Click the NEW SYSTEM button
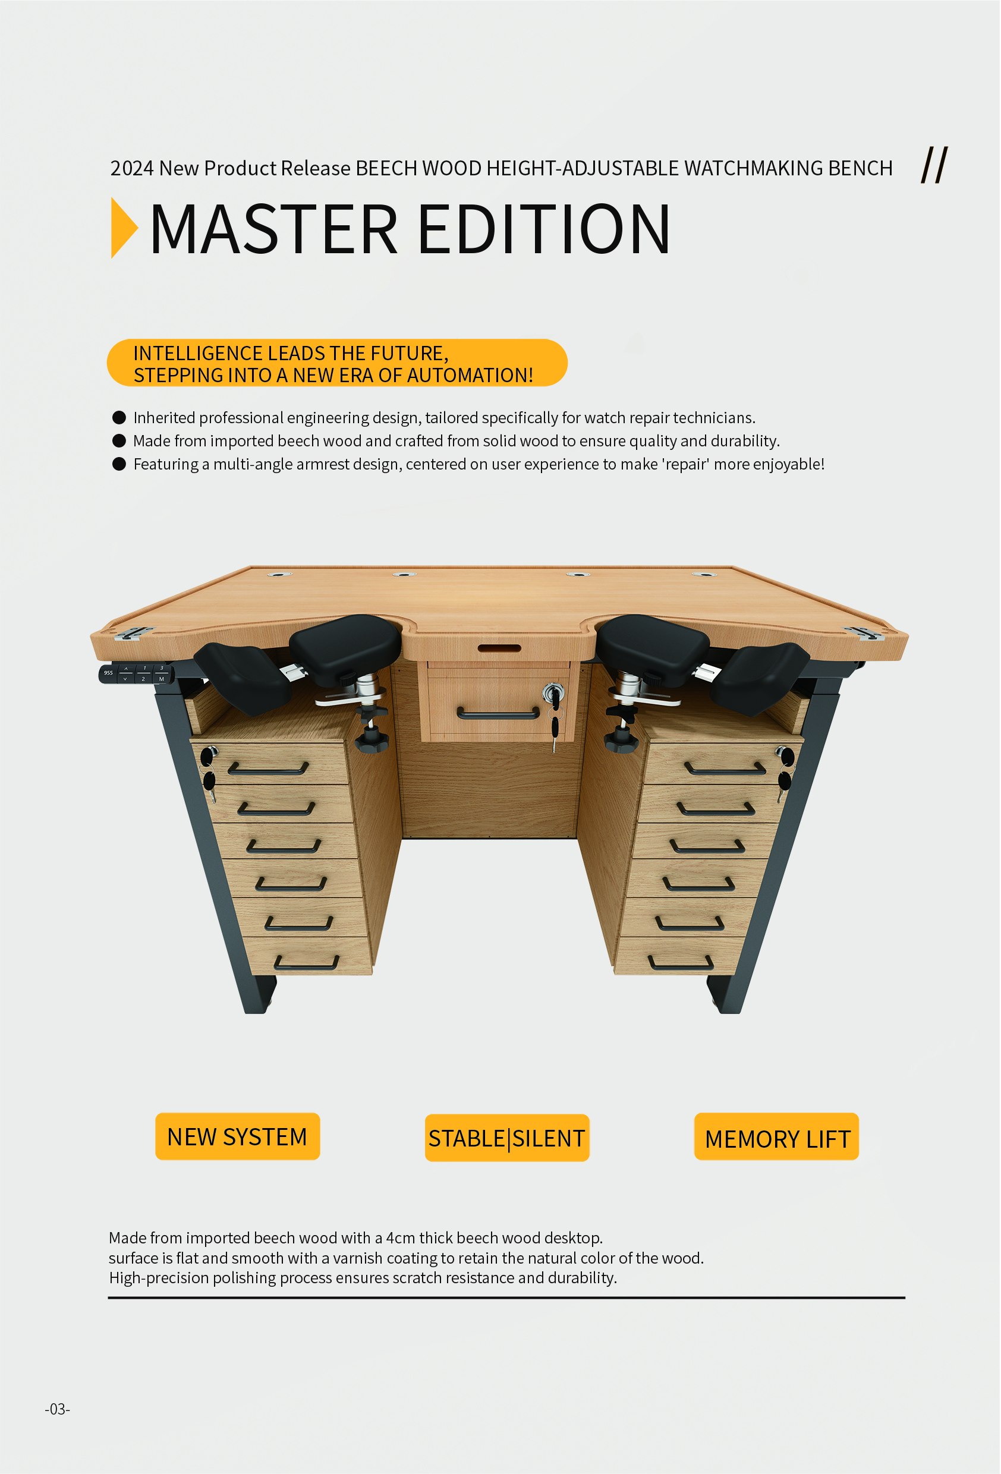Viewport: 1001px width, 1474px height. coord(238,1136)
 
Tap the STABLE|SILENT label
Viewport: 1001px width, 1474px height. coord(507,1138)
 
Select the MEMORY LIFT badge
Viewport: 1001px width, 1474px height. coord(777,1136)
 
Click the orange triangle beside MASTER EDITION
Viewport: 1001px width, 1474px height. coord(124,228)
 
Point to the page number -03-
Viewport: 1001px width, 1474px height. coord(57,1409)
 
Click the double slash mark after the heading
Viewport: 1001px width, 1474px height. coord(934,165)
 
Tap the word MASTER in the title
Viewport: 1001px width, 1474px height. coord(274,229)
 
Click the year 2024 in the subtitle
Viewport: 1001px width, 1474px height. coord(132,168)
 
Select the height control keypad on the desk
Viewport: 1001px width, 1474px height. coord(136,673)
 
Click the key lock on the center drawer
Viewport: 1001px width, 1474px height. coord(554,692)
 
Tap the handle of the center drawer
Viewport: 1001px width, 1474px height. coord(498,714)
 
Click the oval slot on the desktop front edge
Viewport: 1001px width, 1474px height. coord(499,648)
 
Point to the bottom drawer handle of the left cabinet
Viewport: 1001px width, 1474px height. coord(306,963)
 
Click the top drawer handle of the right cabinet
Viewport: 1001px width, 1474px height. coord(725,769)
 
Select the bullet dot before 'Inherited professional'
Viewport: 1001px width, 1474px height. coord(119,417)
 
